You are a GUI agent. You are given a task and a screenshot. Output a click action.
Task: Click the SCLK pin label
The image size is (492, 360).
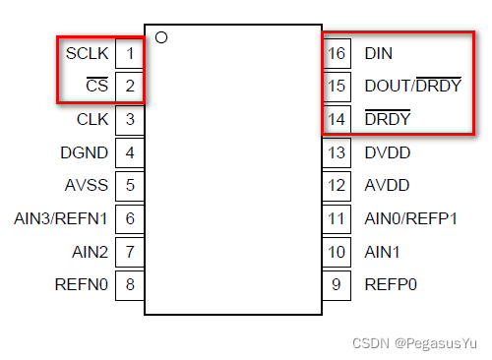(86, 52)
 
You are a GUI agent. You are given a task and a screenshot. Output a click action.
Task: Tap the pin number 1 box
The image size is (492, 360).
(130, 52)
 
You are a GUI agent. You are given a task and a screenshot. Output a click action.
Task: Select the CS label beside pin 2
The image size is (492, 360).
(96, 86)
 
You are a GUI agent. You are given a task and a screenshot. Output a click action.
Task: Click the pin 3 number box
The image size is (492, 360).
(130, 119)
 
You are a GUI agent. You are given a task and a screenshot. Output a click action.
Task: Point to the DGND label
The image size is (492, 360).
(84, 152)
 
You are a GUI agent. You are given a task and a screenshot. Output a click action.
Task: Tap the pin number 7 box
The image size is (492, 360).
(130, 252)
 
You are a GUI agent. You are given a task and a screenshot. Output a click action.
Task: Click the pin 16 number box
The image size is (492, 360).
(337, 52)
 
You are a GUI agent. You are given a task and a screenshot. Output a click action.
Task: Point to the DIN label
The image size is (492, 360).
(378, 52)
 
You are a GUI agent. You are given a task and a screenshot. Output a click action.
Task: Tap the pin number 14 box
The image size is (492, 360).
(337, 119)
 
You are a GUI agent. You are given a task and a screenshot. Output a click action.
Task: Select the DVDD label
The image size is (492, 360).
(387, 152)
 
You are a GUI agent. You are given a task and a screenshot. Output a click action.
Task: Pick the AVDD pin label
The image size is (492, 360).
(387, 185)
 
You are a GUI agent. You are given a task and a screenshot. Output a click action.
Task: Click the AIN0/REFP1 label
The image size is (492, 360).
(410, 218)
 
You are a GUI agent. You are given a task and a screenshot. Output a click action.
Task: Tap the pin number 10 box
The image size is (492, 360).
(337, 252)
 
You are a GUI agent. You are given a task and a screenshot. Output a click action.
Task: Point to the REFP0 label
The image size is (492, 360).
(390, 285)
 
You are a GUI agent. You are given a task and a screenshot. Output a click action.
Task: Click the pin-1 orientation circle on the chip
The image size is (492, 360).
(161, 37)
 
